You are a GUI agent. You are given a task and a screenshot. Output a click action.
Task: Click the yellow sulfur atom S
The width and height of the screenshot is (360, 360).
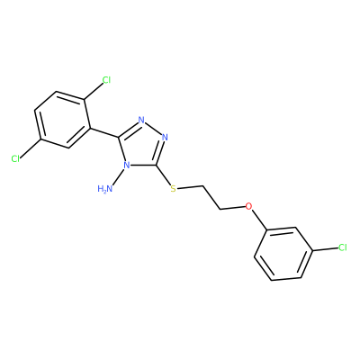173,189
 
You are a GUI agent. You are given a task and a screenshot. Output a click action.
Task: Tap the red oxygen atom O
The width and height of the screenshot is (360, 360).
248,206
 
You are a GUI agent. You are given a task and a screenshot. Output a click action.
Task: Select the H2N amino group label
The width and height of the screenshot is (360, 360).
105,189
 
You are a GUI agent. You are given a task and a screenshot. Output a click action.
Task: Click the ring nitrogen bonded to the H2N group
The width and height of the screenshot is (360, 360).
127,166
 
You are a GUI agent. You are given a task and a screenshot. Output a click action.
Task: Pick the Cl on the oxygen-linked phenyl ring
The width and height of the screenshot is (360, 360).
342,247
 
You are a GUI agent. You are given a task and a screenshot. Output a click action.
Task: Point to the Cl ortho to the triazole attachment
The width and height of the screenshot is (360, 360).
106,80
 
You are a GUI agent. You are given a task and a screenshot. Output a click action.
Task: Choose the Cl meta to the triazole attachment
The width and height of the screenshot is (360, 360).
15,158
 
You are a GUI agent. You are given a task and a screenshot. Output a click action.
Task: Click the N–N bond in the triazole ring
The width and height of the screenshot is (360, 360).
153,129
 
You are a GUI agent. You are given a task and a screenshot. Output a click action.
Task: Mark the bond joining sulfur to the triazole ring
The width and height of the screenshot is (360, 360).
164,175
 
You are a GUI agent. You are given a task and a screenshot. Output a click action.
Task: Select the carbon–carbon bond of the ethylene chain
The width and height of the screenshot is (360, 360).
211,197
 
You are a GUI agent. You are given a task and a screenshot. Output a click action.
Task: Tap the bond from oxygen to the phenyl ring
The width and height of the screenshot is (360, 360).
259,218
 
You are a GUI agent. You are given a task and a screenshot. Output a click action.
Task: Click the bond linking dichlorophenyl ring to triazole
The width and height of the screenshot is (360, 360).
104,133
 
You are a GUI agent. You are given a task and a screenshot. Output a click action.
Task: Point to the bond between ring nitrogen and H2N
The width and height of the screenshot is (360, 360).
119,177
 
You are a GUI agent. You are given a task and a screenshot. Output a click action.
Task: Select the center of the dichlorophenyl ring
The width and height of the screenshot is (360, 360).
62,120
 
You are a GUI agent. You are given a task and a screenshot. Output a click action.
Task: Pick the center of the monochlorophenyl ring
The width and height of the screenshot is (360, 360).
283,254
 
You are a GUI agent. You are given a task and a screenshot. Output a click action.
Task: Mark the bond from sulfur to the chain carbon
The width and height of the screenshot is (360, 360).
190,187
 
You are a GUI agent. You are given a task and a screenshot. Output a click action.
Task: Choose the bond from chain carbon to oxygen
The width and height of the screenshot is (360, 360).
232,208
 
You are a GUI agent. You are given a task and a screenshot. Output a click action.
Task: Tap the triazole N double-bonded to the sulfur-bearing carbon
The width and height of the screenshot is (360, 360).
165,138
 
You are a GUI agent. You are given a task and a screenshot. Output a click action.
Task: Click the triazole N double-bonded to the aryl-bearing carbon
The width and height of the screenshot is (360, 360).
141,120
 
